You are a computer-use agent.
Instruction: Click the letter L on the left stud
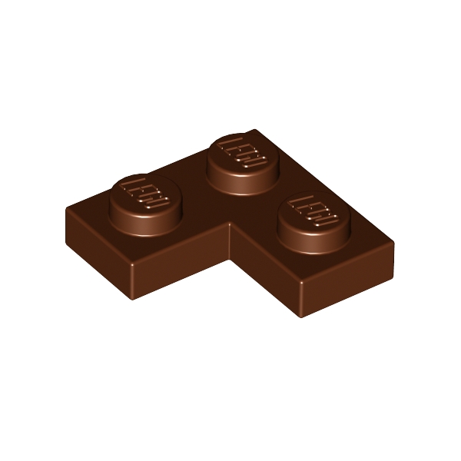pyautogui.click(x=132, y=185)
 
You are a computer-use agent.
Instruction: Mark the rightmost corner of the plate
pyautogui.click(x=393, y=244)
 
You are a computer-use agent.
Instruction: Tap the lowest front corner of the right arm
pyautogui.click(x=299, y=316)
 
